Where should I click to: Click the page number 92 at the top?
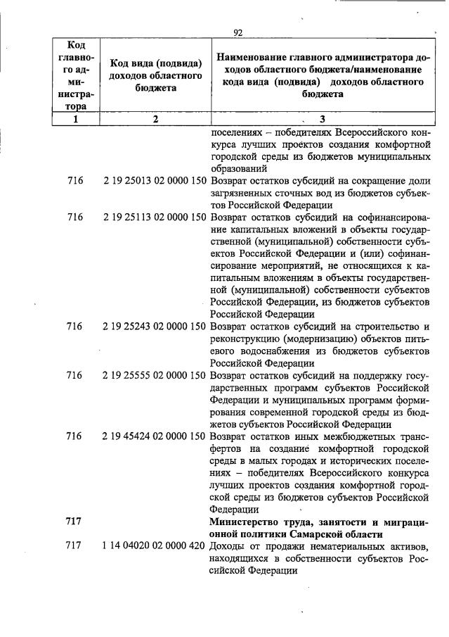[237, 32]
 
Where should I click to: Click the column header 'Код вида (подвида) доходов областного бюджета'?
[155, 76]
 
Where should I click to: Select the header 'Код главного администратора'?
[74, 76]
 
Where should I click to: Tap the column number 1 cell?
[74, 120]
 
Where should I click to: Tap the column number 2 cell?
[155, 120]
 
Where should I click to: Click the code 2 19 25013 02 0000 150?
[155, 181]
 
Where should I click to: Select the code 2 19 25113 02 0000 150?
[155, 217]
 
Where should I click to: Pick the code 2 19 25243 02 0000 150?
[155, 327]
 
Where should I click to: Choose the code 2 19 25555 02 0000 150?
[155, 375]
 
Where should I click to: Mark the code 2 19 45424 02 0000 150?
[155, 436]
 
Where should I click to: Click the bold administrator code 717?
[74, 522]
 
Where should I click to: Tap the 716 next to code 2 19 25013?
[74, 181]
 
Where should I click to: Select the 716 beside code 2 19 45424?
[74, 436]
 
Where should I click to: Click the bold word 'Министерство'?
[245, 522]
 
